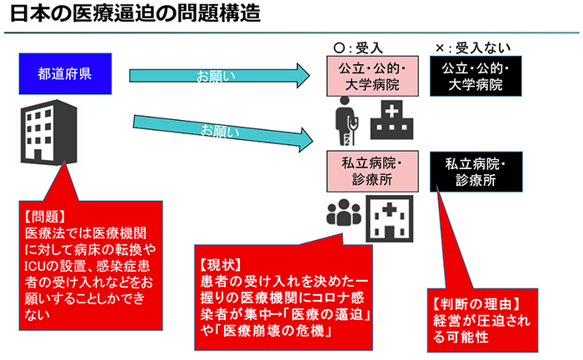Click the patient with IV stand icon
(x=345, y=119)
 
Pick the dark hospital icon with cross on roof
(x=391, y=119)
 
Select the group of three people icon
(x=342, y=214)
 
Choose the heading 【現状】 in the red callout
(x=219, y=262)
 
